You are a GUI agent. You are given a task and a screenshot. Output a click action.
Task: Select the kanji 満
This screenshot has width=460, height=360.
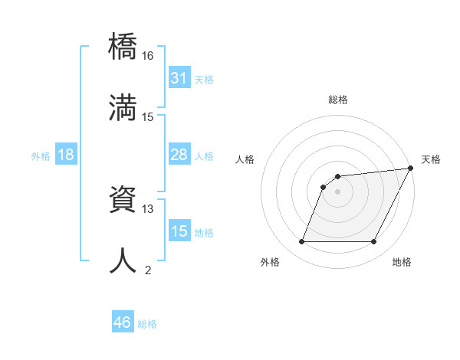123,108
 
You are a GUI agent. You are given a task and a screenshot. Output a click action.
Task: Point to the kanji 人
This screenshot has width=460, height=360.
123,260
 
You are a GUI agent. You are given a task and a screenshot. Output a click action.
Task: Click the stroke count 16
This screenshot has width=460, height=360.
148,56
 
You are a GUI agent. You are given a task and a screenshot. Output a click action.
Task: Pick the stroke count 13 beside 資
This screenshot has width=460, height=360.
148,208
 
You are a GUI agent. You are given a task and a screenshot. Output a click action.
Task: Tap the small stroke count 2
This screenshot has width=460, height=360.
148,270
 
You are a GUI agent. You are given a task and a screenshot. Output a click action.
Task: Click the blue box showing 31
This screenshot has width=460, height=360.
179,78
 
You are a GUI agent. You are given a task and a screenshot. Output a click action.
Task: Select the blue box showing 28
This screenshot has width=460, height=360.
179,155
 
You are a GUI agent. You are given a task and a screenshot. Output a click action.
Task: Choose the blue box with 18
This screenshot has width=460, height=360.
65,155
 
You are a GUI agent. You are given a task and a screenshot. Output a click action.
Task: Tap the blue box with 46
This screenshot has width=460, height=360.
122,322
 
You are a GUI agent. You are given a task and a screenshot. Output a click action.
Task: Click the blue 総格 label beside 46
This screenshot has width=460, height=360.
147,324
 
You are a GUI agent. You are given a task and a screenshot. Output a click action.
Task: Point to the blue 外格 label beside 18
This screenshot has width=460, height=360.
41,156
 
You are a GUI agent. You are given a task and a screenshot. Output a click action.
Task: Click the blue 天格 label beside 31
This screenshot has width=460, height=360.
204,80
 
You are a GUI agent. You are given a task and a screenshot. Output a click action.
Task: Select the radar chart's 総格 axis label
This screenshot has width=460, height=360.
337,100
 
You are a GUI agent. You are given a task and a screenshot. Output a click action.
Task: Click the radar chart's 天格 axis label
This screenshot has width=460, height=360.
431,159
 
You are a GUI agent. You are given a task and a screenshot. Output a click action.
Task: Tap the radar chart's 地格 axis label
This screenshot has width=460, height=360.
402,262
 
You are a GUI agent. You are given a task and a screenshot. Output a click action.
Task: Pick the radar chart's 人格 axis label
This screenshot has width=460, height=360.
245,159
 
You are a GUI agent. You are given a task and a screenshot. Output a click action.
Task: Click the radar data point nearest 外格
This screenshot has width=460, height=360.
301,242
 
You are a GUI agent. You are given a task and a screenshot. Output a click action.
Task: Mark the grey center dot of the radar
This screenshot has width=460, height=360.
337,191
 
